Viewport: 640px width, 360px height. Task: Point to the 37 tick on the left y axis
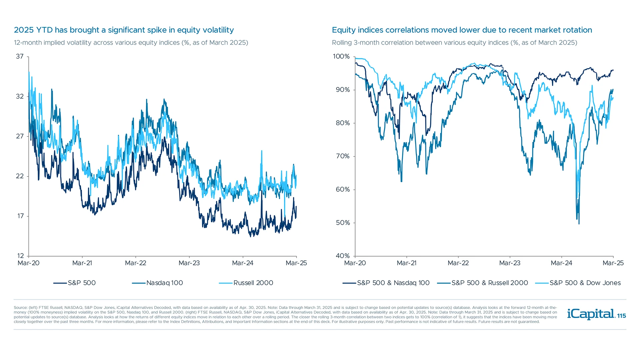point(20,57)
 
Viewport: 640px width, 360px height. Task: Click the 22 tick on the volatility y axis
point(20,176)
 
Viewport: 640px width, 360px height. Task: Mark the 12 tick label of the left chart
point(20,256)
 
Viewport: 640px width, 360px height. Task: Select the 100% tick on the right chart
point(341,57)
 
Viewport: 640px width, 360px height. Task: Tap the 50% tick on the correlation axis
point(343,223)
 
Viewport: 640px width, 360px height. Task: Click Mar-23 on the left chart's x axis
point(189,263)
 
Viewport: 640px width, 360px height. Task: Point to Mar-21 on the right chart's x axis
point(407,263)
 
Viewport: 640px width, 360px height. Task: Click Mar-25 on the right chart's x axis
point(613,263)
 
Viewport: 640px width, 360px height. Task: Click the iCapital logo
point(591,314)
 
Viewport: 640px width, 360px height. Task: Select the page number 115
point(622,316)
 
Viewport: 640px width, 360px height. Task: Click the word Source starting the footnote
point(20,308)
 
